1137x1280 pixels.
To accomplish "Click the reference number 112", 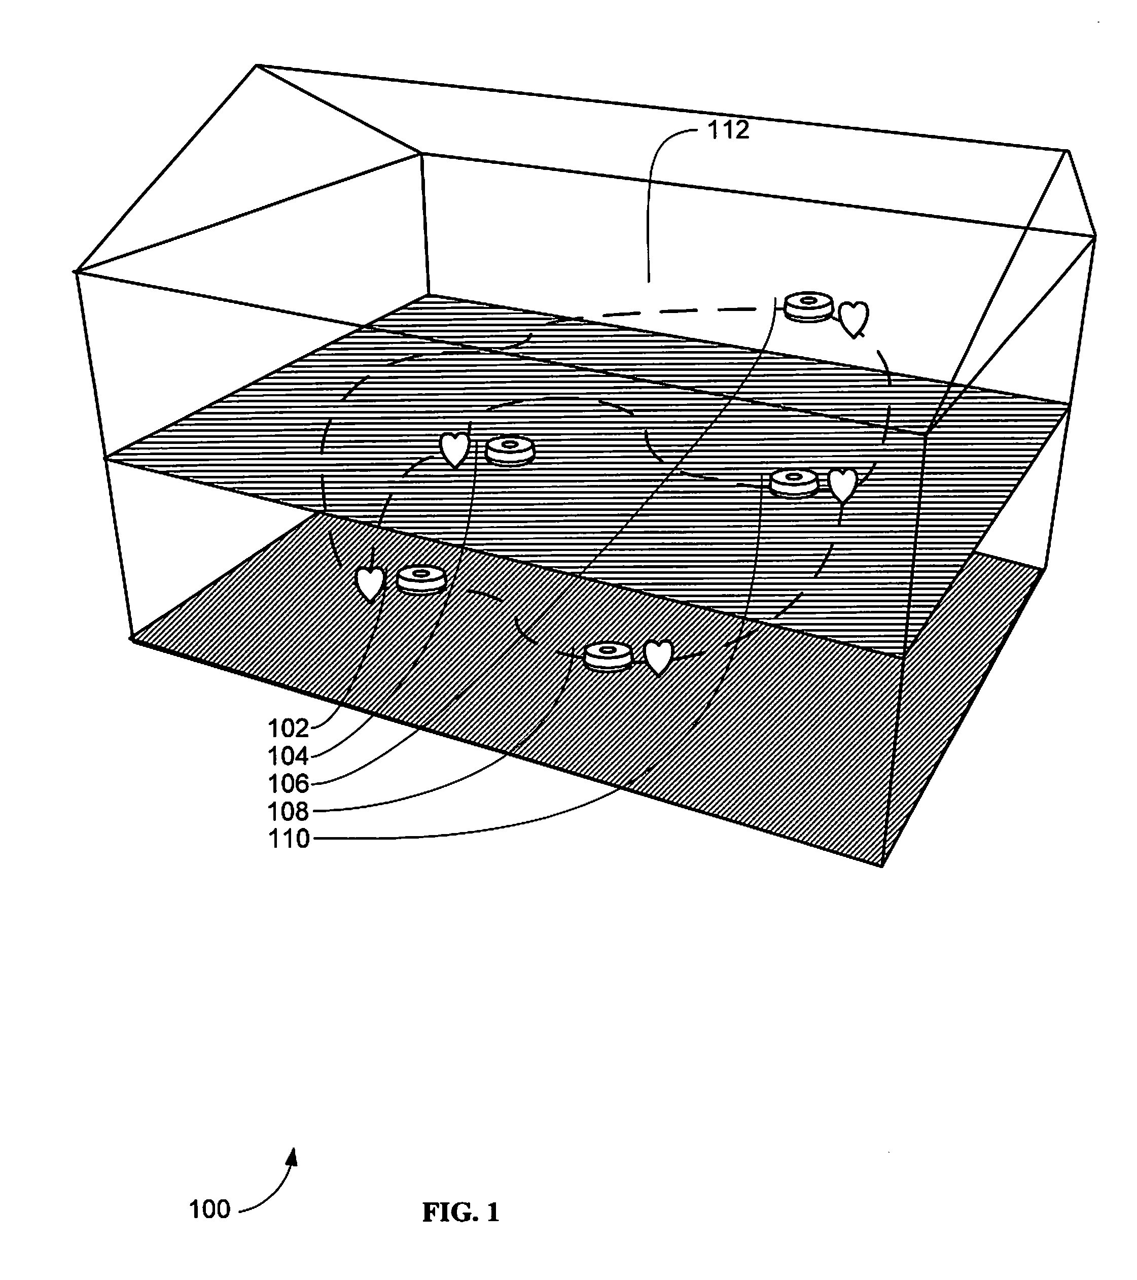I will coord(728,130).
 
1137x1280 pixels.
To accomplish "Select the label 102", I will coord(288,729).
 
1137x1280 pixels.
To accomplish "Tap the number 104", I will coord(288,756).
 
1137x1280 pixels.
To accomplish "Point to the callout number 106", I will coord(288,783).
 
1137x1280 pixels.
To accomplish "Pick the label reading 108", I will coord(288,812).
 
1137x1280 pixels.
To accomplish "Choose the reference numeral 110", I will coord(288,839).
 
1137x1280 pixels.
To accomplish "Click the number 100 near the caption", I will coord(210,1210).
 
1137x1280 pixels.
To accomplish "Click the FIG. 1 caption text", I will coord(461,1213).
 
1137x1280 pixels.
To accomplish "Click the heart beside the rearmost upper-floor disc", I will coord(854,319).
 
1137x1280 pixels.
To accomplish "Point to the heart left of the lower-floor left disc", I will coord(370,583).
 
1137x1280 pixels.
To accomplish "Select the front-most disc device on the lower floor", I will coord(608,656).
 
